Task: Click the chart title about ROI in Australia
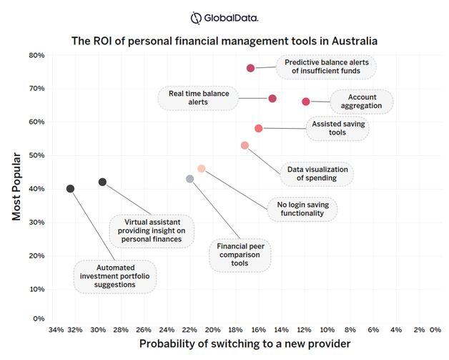[x=224, y=40]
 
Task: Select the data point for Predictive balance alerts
[x=250, y=68]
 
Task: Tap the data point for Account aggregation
[x=306, y=102]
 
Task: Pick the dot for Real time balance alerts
[x=272, y=98]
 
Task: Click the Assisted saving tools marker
[x=259, y=129]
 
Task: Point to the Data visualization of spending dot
[x=245, y=145]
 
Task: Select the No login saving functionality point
[x=202, y=169]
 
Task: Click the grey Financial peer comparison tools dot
[x=189, y=179]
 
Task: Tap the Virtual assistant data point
[x=102, y=182]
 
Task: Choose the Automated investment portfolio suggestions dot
[x=70, y=189]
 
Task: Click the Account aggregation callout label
[x=361, y=101]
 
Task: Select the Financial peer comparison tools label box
[x=240, y=255]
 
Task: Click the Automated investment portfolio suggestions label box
[x=114, y=276]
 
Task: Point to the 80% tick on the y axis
[x=36, y=55]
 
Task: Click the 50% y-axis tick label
[x=36, y=155]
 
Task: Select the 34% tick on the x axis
[x=56, y=330]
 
